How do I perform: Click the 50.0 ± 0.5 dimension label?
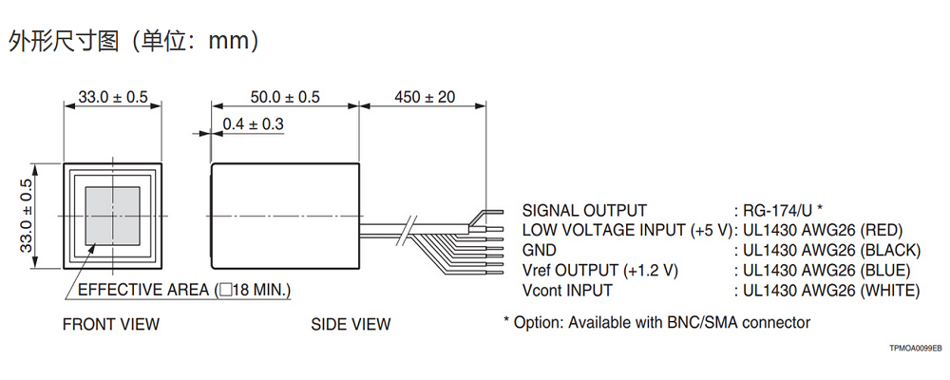285,97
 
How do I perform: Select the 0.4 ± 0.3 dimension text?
253,124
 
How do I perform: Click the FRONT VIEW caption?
111,325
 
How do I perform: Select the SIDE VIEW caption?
351,325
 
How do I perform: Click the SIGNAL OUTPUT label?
584,210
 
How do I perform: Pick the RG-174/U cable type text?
782,210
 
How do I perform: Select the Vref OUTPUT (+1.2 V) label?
600,270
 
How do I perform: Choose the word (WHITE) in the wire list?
889,290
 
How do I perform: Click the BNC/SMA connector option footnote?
656,323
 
